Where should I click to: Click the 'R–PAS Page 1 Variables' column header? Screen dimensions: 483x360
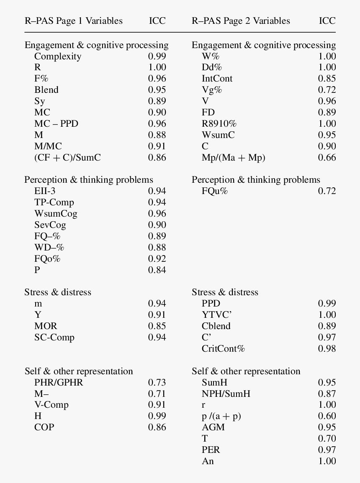(74, 21)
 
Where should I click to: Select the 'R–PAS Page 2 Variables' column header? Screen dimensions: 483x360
(241, 21)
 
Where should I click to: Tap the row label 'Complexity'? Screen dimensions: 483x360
(58, 56)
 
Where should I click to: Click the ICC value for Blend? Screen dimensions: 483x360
(157, 90)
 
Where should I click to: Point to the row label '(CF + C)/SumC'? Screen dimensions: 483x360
(67, 158)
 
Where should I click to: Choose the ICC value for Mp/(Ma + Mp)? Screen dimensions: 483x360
(327, 158)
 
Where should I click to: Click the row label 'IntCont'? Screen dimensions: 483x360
(217, 79)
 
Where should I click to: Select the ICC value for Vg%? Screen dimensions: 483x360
(327, 90)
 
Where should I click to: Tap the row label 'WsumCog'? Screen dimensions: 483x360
(56, 214)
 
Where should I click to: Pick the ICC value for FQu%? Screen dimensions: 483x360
(327, 191)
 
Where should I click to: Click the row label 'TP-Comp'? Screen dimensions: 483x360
(54, 202)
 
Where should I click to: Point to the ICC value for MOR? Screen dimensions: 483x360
(157, 326)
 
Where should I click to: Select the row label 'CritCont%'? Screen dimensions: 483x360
(223, 349)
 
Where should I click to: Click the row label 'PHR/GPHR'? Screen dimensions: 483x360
(59, 382)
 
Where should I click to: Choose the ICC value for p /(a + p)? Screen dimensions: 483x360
(327, 416)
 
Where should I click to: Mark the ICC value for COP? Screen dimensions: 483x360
(157, 427)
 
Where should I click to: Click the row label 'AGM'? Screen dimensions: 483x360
(213, 427)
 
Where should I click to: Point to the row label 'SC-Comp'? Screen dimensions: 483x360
(54, 337)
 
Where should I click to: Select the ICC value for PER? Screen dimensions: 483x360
(327, 450)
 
